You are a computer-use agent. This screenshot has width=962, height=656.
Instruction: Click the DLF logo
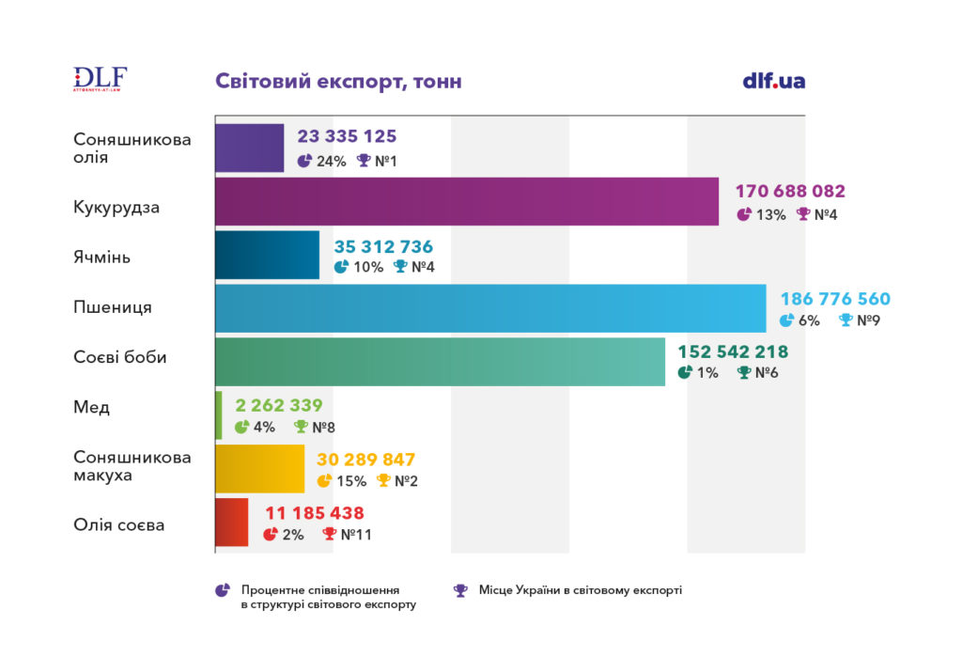coord(100,79)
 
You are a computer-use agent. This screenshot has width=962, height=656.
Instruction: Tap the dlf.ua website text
coord(773,81)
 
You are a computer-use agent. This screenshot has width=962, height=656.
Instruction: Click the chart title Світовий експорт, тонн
coord(338,82)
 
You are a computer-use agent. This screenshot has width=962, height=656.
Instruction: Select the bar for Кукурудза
coord(467,201)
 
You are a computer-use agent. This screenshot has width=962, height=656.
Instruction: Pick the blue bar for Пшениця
coord(490,308)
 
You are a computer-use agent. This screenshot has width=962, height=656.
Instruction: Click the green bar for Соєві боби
coord(440,362)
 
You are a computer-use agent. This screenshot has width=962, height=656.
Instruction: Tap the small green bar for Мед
coord(219,415)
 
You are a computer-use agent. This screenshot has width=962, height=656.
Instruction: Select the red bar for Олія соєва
coord(232,523)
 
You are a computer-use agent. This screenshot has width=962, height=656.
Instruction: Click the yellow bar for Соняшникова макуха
coord(260,469)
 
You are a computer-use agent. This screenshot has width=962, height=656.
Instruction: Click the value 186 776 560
coord(835,300)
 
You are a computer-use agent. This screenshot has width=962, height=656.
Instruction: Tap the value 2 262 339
coord(279,406)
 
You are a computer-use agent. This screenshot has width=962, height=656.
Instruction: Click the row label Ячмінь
coord(101,256)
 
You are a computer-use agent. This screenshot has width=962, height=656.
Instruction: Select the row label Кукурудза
coord(116,207)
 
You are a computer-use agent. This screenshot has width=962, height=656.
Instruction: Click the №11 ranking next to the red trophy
coord(358,535)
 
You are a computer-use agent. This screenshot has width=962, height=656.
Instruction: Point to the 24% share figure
coord(331,161)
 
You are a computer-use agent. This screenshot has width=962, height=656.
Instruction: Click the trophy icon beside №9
coord(846,320)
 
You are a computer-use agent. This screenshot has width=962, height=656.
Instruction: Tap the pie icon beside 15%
coord(324,481)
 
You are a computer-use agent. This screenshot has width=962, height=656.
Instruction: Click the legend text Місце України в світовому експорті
coord(580,590)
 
